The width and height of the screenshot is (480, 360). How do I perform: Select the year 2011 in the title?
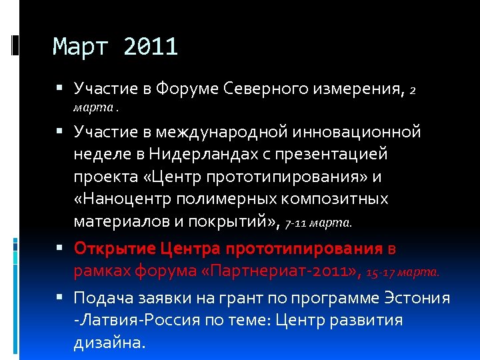click(151, 47)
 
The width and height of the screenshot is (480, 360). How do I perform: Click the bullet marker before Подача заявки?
click(61, 298)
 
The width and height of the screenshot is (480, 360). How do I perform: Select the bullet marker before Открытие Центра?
click(61, 249)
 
